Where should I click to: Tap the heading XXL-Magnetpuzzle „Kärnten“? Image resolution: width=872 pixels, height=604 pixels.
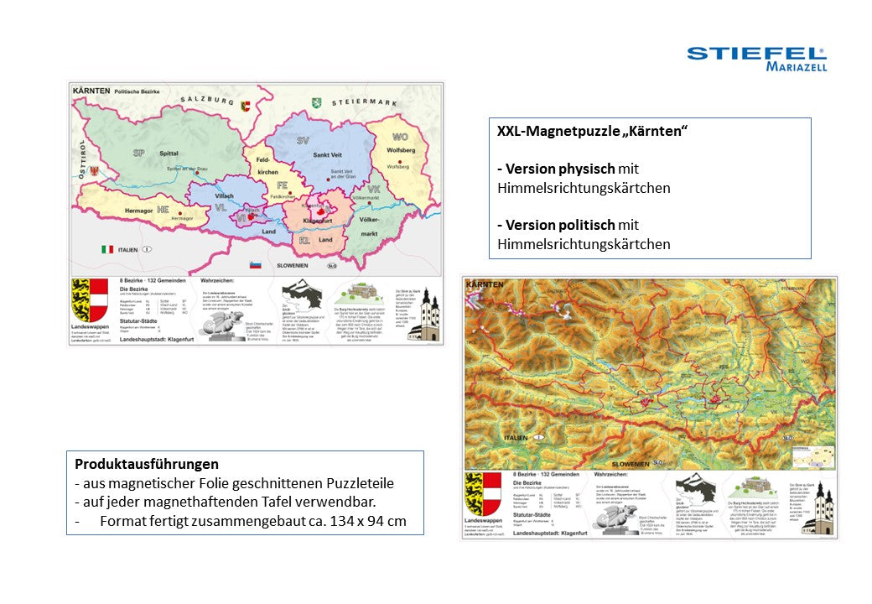[x=592, y=132]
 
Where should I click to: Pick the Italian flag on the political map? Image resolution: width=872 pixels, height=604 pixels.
[x=107, y=249]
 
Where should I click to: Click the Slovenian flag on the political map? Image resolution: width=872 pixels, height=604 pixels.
[x=257, y=265]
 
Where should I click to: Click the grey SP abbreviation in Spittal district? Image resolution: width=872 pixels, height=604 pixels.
[x=139, y=154]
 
